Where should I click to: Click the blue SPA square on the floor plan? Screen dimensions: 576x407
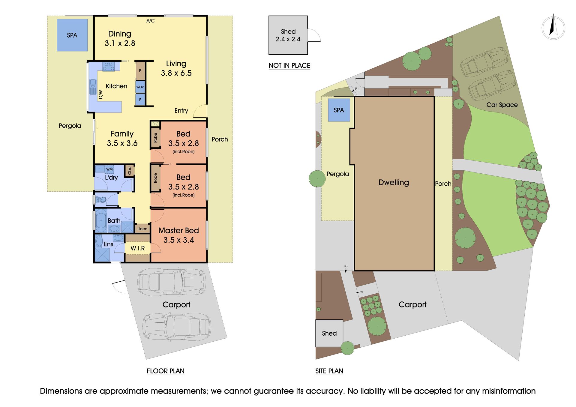(x=72, y=35)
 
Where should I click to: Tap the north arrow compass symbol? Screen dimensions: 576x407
(x=553, y=28)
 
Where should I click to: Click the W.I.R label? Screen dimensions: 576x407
(x=138, y=248)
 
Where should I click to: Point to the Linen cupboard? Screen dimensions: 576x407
(x=142, y=229)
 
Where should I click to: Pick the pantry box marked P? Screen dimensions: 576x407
(x=140, y=71)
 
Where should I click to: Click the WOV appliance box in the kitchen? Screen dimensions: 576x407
(x=140, y=87)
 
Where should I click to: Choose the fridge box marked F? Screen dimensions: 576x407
(x=140, y=100)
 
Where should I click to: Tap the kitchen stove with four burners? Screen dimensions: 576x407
(x=108, y=66)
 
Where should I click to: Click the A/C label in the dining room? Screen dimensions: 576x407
(x=150, y=21)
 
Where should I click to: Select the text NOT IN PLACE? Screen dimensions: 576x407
(x=289, y=65)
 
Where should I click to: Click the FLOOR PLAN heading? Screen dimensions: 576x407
(x=166, y=371)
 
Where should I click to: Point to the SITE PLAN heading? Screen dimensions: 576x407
(x=329, y=371)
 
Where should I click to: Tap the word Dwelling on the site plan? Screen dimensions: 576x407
(x=394, y=182)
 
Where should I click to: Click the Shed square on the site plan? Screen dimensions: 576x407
(x=329, y=333)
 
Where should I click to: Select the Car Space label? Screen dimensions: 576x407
(x=502, y=105)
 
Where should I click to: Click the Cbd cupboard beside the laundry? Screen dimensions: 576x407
(x=130, y=171)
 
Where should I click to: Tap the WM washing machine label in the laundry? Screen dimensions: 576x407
(x=109, y=169)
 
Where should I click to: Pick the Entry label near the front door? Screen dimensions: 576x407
(x=181, y=111)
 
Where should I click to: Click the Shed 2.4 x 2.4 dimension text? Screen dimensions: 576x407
(x=288, y=35)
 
